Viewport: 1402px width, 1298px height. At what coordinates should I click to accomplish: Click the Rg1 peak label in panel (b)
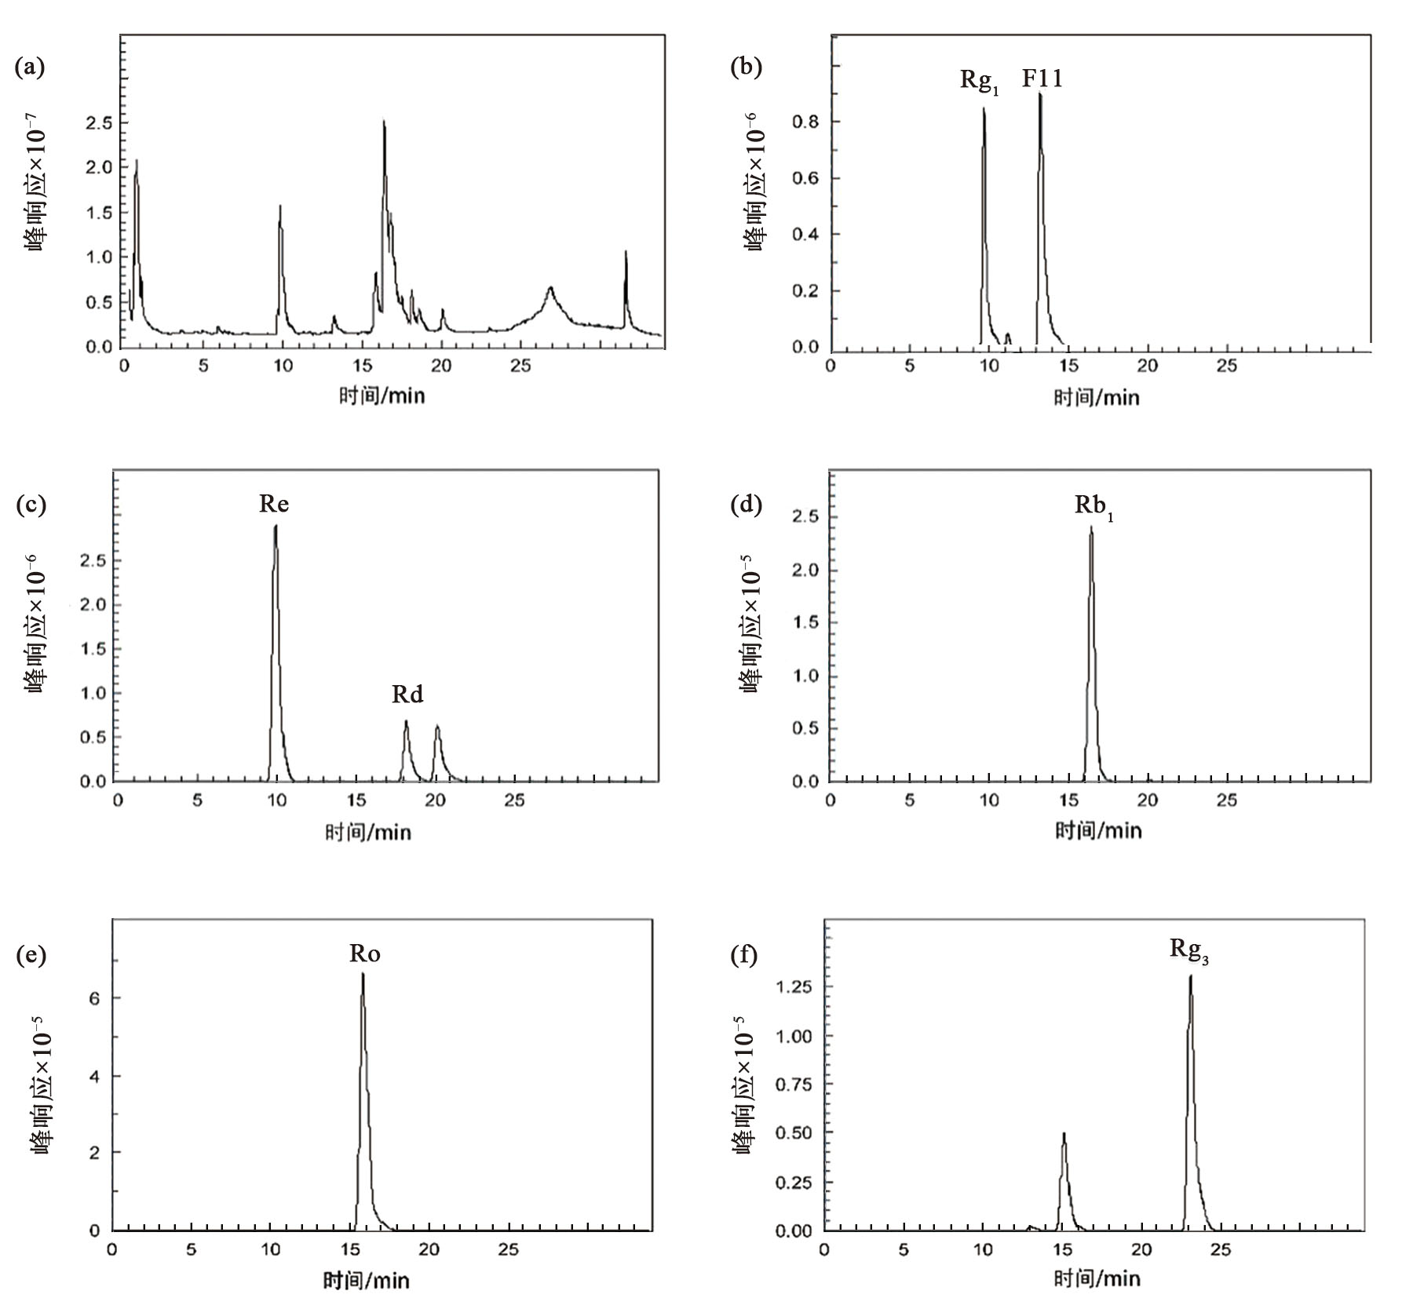click(x=980, y=81)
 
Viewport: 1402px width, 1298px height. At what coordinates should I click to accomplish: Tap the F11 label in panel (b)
click(x=1042, y=78)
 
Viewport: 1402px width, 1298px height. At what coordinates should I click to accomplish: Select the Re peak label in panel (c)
click(x=274, y=503)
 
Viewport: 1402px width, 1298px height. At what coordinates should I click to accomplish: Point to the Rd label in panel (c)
click(x=407, y=694)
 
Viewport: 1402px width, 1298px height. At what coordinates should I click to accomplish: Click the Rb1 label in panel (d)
click(x=1093, y=507)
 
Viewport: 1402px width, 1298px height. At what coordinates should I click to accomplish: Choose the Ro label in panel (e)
click(x=365, y=953)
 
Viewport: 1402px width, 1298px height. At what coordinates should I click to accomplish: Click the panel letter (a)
click(x=30, y=67)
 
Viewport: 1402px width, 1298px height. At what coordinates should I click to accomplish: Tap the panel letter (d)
click(x=746, y=504)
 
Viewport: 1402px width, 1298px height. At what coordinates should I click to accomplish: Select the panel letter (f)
click(x=744, y=955)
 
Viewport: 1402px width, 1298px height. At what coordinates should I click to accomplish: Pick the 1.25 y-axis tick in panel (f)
click(x=793, y=986)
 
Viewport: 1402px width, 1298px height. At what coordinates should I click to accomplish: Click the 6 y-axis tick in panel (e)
click(x=94, y=998)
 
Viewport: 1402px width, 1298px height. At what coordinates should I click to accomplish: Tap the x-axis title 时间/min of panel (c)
click(x=368, y=832)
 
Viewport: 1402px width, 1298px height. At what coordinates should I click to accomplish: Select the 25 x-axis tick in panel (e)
click(x=508, y=1249)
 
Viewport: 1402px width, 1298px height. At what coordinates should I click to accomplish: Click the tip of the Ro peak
click(x=363, y=975)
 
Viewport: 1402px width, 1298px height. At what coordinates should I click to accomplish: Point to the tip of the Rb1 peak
click(x=1090, y=527)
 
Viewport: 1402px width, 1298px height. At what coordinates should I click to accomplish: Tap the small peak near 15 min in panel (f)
click(x=1064, y=1134)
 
